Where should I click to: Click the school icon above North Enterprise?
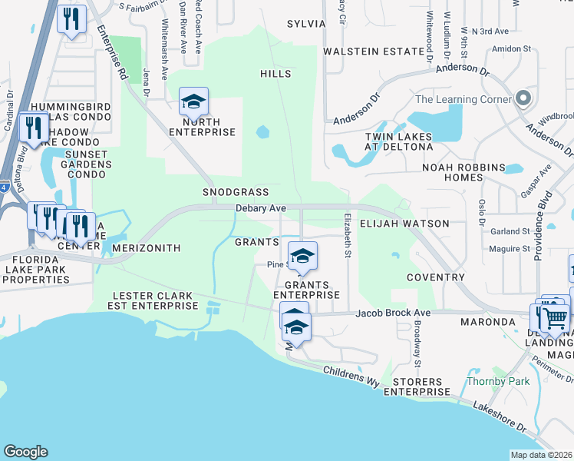click(x=194, y=101)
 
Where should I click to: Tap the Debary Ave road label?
click(x=261, y=208)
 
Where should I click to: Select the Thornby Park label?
click(x=487, y=381)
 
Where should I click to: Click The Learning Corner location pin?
click(x=523, y=99)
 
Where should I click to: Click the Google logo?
click(x=25, y=452)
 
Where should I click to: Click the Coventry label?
click(x=436, y=277)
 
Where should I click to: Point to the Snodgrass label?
click(x=235, y=191)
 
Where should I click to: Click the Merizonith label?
click(x=146, y=249)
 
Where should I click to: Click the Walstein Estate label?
click(x=373, y=51)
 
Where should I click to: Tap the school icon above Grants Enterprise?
click(x=302, y=256)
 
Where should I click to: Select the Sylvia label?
click(x=306, y=24)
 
